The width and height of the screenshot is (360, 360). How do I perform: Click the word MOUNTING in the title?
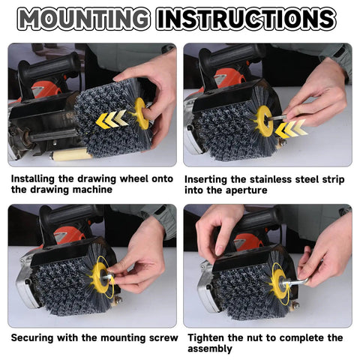pos(84,19)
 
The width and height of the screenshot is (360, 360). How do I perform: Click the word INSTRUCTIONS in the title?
pos(246,19)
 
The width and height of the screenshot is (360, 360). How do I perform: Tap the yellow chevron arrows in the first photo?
pos(112,119)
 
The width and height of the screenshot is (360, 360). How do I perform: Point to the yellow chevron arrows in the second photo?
pos(291,129)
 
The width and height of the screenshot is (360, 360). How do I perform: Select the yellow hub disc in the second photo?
pos(264,120)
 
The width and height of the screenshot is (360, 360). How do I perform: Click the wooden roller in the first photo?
pos(68,154)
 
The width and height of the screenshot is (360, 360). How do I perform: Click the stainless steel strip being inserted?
pos(280,117)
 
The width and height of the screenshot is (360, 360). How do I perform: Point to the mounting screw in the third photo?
pos(110,276)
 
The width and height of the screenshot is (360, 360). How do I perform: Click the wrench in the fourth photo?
pos(298,282)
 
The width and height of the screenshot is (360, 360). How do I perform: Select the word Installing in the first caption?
pos(33,179)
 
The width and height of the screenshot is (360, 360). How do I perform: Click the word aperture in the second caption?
pos(246,190)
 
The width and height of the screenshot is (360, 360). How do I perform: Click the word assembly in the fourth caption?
pos(210,349)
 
